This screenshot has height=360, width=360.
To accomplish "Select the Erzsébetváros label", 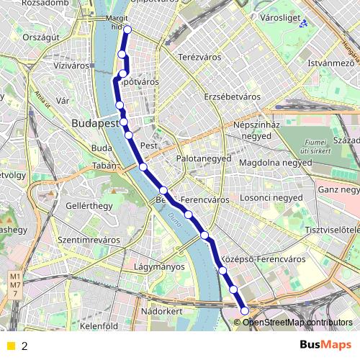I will pos(232,96).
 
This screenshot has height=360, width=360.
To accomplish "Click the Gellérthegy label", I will pos(89,206).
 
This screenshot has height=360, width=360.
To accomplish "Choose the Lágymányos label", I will pos(159,266).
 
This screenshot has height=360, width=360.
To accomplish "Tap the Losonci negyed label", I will pos(271,197).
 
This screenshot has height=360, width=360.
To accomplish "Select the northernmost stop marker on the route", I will pos(127,30).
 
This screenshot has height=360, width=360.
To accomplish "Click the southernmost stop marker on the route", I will pos(245,311).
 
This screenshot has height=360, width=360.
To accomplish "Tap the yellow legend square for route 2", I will pos(10,346).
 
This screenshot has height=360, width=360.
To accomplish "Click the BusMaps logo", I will pos(325,345).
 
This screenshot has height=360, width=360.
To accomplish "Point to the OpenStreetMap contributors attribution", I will pos(297,322).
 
